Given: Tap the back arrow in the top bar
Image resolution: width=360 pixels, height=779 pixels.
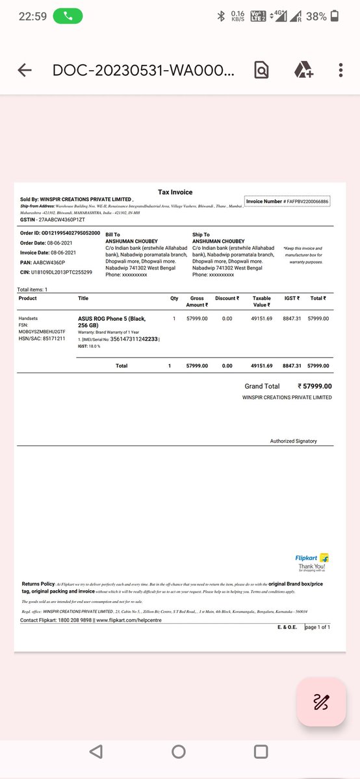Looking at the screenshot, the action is pos(25,70).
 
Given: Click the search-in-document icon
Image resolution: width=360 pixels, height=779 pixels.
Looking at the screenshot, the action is pos(261,70).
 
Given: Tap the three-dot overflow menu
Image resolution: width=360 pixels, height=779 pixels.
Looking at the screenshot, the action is pos(341,70).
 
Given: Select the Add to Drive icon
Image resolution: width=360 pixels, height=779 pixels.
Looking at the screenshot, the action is pos(304,70).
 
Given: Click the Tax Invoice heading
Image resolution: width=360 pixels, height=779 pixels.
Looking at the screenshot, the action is pos(175,192).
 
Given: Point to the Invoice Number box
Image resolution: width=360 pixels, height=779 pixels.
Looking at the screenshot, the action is pos(287,201).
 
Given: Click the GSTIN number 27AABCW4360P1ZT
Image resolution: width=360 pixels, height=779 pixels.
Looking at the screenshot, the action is pos(57,221).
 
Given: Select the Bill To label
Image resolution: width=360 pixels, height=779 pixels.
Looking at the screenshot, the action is pos(112,234).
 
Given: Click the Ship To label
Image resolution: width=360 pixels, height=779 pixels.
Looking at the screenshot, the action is pos(201,234).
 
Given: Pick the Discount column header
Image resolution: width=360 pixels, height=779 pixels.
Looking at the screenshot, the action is pos(227,299).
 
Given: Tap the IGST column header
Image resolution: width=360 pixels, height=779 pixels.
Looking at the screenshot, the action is pos(291,299).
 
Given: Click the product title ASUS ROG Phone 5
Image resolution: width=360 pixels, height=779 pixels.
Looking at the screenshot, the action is pos(112,322).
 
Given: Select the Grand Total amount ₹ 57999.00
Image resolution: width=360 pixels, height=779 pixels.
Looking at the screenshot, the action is pos(315,386).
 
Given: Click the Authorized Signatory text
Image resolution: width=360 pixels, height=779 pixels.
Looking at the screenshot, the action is pos(293,441).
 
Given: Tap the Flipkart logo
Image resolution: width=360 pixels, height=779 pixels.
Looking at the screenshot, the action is pos(312,558).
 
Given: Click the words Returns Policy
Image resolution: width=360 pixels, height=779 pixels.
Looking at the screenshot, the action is pos(38,584).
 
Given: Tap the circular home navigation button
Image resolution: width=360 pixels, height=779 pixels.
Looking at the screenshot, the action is pos(179,752).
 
